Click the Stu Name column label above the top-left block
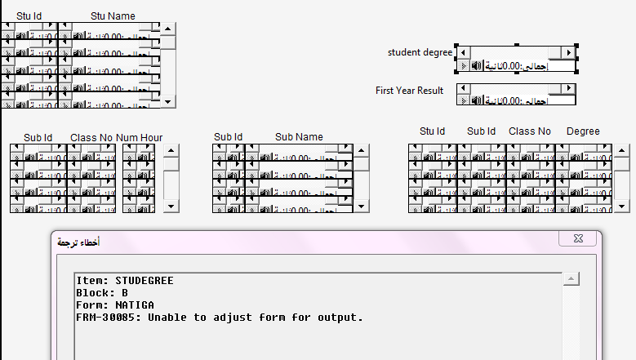click(113, 16)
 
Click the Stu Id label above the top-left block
click(29, 16)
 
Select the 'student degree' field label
click(420, 52)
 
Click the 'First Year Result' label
click(409, 91)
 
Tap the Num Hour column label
click(139, 137)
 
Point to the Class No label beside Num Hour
click(91, 137)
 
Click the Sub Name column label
click(299, 137)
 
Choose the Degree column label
click(583, 131)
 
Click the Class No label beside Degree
click(529, 131)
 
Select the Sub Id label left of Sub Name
click(229, 137)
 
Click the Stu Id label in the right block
click(432, 131)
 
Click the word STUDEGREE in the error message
click(144, 281)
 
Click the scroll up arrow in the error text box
click(572, 279)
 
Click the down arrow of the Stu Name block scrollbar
click(168, 100)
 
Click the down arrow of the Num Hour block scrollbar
click(171, 206)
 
